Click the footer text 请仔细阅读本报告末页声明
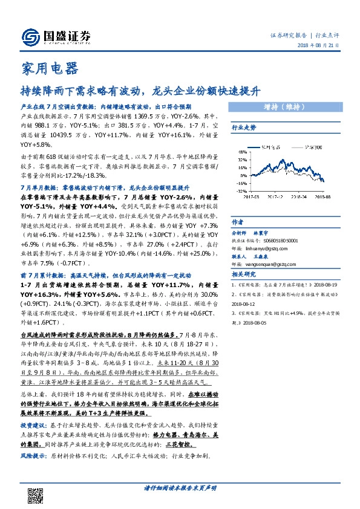[180, 487]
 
